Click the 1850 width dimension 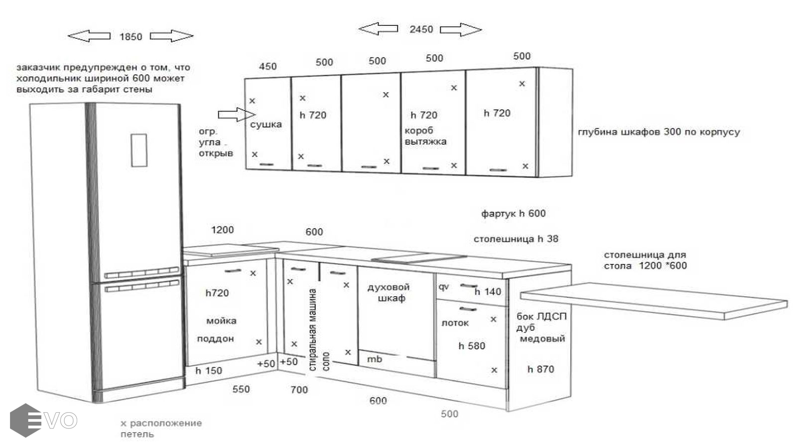[x=131, y=37]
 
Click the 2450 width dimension [x=421, y=29]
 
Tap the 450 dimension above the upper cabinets [x=267, y=67]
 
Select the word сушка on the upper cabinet [x=266, y=124]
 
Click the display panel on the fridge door [x=139, y=150]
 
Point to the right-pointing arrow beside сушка [x=237, y=115]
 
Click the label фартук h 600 [x=513, y=214]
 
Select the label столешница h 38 [x=516, y=239]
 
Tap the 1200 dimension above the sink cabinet [x=222, y=230]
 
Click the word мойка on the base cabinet [x=221, y=321]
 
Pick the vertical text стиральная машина [x=313, y=330]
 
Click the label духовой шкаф [x=389, y=293]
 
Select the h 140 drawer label [x=488, y=292]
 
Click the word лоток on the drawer [x=455, y=323]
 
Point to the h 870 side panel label [x=540, y=369]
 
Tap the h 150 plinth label [x=209, y=371]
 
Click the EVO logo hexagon [x=25, y=421]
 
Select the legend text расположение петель [x=161, y=429]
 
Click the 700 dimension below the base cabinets [x=299, y=390]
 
